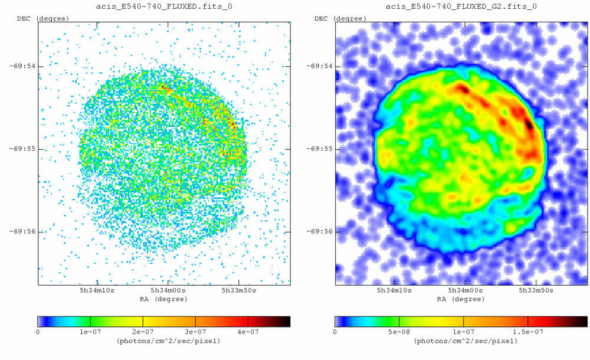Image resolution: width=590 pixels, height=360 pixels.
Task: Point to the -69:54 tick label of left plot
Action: [x=22, y=66]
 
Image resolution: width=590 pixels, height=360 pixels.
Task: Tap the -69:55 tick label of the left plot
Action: [x=22, y=149]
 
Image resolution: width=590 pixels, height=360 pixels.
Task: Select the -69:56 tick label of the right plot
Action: [x=319, y=231]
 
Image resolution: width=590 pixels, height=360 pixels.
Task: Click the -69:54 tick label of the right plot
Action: [x=319, y=66]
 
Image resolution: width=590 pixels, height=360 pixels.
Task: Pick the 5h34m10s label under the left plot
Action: [x=97, y=290]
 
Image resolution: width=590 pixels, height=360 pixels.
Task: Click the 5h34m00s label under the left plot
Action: [x=168, y=290]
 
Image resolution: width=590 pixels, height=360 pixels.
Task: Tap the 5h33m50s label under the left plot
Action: [x=238, y=290]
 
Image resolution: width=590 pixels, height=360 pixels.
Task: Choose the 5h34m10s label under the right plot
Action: [x=394, y=290]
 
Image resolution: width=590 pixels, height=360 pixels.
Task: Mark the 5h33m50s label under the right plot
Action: [x=536, y=290]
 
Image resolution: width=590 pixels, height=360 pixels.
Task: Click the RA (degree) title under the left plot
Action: [x=164, y=299]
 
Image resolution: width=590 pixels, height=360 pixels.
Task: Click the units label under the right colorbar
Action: [x=461, y=341]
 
